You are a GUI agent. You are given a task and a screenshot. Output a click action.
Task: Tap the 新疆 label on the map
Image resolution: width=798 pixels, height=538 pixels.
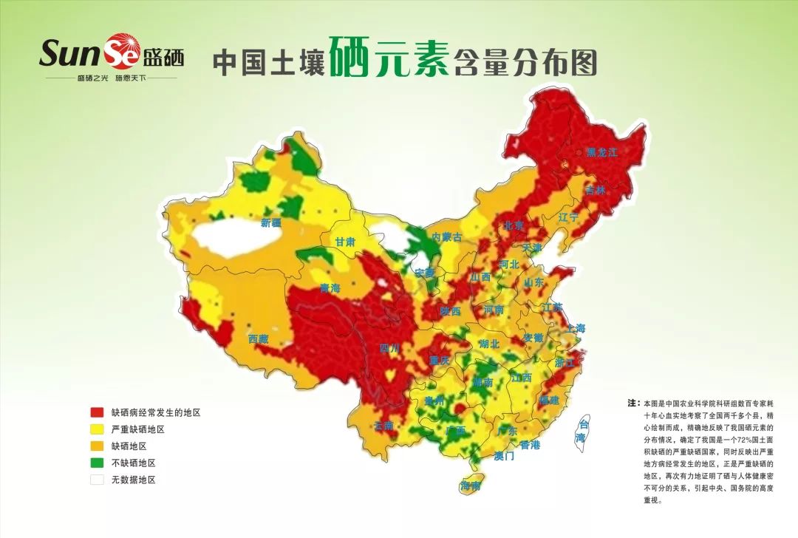[x=270, y=222]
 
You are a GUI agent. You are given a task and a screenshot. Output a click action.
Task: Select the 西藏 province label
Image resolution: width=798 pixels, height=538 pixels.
[x=259, y=338]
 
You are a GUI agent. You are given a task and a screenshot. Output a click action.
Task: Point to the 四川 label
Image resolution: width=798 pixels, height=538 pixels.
[x=389, y=347]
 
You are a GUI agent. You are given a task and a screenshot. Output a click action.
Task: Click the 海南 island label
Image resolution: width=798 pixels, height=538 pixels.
[x=471, y=486]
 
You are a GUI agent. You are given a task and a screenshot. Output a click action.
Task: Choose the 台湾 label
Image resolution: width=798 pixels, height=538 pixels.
[x=584, y=431]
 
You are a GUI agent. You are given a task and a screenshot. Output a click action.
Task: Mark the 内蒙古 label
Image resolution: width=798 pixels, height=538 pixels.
[x=446, y=237]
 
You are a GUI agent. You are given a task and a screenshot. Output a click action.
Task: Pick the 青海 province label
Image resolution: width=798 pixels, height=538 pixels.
[x=330, y=288]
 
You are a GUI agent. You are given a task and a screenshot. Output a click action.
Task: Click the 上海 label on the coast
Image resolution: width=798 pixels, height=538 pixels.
[x=576, y=328]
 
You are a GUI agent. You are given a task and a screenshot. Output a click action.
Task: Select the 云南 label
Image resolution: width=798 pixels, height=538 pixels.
[x=383, y=426]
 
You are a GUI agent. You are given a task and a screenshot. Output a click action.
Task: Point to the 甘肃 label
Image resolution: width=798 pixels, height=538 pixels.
[x=345, y=242]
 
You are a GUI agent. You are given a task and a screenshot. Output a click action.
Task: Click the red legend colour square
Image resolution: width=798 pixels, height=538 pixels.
[x=97, y=412]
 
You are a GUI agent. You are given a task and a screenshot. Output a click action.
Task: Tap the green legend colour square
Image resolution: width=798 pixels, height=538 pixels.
[x=97, y=463]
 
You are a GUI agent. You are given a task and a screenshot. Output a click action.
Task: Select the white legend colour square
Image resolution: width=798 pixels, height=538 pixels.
[x=97, y=480]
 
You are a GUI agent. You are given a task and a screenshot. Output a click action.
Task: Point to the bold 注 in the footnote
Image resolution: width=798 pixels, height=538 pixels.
[x=632, y=403]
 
